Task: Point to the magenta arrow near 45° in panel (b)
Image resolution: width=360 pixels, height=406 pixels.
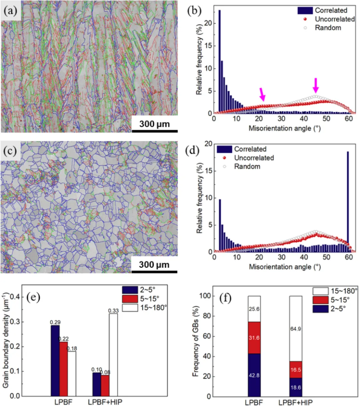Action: coord(316,86)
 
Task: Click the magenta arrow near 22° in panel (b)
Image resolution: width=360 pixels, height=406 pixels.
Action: coord(262,94)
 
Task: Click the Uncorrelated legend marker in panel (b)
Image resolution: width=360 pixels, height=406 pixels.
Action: coord(305,19)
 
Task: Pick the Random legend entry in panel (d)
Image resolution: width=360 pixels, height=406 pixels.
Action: coord(247,167)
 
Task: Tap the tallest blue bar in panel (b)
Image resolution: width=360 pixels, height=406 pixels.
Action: coord(219,62)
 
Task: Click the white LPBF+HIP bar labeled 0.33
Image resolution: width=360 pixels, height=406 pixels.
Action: coord(113,355)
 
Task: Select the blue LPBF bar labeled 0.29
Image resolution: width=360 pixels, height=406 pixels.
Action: coord(55,361)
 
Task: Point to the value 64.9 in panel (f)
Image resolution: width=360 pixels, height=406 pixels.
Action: coord(295,329)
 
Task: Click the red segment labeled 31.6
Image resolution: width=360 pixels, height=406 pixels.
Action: coord(254,338)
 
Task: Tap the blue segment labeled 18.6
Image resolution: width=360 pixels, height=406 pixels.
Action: coord(295,387)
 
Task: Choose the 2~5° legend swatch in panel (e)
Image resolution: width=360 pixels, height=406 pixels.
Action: coord(130,290)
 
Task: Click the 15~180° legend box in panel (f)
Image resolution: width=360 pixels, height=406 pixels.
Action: coord(320,291)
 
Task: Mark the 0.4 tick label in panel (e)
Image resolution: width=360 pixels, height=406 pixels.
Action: coord(15,297)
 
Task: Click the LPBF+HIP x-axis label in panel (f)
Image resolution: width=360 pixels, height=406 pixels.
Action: coord(295,403)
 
